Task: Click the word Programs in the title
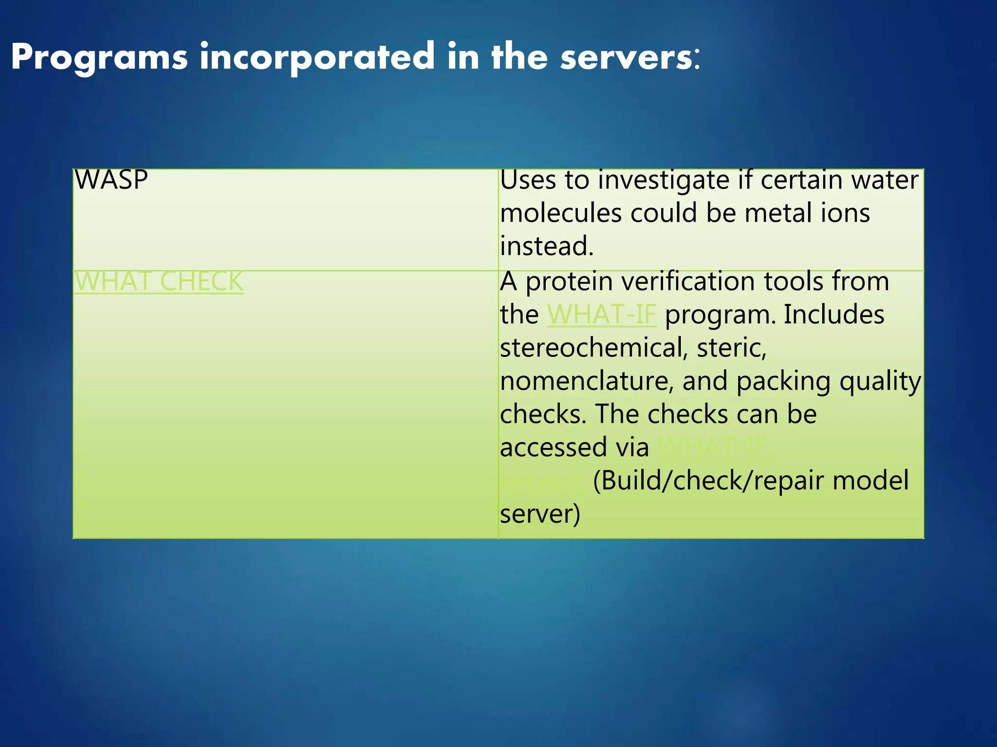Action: [x=99, y=57]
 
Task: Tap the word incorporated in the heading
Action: [x=317, y=57]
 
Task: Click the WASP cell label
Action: [x=111, y=180]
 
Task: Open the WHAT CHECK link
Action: [x=159, y=282]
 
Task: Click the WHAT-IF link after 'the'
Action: [x=602, y=315]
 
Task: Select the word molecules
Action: [x=561, y=213]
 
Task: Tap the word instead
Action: [x=547, y=246]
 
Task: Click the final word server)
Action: [x=540, y=514]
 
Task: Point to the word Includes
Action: [x=834, y=315]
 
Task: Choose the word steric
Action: [x=731, y=348]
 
